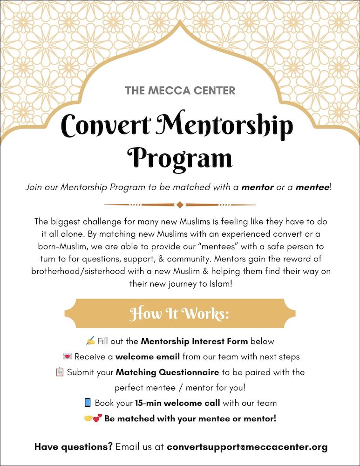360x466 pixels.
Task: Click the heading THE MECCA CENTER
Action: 180,90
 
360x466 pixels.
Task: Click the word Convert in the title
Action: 107,126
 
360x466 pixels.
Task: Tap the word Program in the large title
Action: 180,158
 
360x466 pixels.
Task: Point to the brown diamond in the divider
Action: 180,205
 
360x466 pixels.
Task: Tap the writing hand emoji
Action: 90,341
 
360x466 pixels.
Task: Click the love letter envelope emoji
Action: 67,357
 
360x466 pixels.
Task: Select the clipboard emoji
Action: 59,372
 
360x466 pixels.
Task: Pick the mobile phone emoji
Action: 88,403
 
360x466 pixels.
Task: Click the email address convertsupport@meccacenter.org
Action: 247,447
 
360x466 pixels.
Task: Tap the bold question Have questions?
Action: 74,447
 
